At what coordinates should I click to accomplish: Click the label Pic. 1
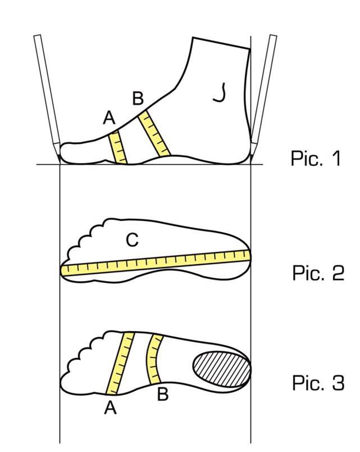pyautogui.click(x=316, y=158)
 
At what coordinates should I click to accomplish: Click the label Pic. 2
pyautogui.click(x=318, y=273)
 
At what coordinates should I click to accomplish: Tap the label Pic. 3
pyautogui.click(x=318, y=382)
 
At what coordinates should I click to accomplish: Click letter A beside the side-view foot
pyautogui.click(x=109, y=117)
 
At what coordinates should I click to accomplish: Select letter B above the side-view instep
pyautogui.click(x=138, y=98)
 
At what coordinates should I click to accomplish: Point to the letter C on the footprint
pyautogui.click(x=132, y=240)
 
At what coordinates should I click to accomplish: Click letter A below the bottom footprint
pyautogui.click(x=110, y=408)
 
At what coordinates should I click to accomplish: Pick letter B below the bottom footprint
pyautogui.click(x=163, y=394)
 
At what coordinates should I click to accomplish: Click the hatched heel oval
pyautogui.click(x=222, y=369)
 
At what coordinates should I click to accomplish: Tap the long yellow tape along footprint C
pyautogui.click(x=156, y=263)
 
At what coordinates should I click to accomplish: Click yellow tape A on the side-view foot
pyautogui.click(x=117, y=148)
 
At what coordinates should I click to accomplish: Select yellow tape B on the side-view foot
pyautogui.click(x=154, y=133)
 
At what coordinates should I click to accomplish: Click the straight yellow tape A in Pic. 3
pyautogui.click(x=120, y=363)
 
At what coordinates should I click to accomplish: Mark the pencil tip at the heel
pyautogui.click(x=252, y=159)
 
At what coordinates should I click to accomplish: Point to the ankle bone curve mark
pyautogui.click(x=220, y=93)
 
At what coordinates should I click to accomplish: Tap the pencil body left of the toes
pyautogui.click(x=48, y=92)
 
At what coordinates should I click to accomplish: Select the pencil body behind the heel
pyautogui.click(x=263, y=92)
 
